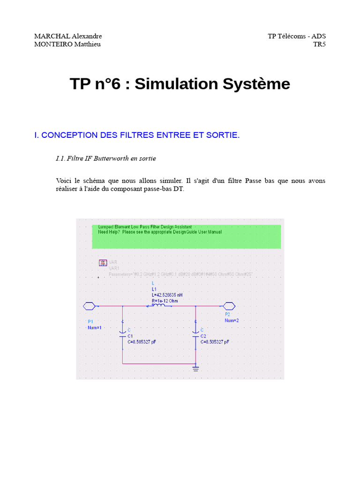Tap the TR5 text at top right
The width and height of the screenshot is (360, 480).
coord(319,45)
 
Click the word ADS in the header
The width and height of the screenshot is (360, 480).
coord(319,37)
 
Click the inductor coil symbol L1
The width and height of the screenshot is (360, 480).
coord(157,306)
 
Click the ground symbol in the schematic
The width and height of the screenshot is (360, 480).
coord(195,368)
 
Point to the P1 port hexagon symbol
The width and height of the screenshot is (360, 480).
coord(89,307)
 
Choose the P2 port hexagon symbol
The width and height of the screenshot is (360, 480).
coord(229,307)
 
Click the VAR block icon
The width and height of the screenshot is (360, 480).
coord(103,263)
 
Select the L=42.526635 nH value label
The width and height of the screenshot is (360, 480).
coord(167,295)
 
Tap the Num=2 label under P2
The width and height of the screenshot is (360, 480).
coord(232,321)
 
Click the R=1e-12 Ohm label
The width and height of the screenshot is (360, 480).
coord(165,300)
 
